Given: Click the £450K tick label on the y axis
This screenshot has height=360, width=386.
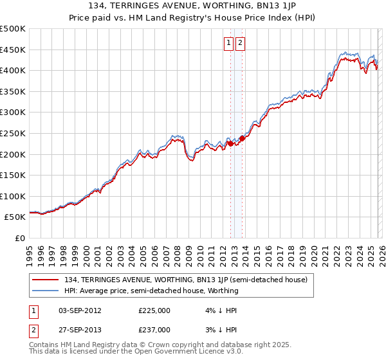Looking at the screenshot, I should point(13,50).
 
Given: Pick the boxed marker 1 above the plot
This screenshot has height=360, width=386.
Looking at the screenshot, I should point(228,43).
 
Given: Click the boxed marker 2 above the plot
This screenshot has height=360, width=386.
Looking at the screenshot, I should point(240,43).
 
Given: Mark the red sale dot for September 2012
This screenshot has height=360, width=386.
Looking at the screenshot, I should point(230,144).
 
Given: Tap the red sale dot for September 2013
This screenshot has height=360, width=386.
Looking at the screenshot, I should point(242,138).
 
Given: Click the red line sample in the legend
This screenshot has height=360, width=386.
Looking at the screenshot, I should point(46,280).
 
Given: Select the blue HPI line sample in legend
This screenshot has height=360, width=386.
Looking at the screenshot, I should point(46,291).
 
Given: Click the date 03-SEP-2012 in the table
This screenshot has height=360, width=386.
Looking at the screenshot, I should point(80,310).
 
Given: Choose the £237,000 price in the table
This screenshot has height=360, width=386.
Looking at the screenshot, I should point(154,329).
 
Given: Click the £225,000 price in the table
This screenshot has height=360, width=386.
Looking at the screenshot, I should point(154,310).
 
